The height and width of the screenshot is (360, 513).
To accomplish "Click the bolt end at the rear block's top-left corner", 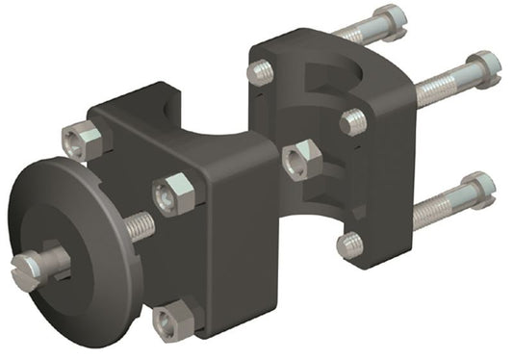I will click(x=260, y=71).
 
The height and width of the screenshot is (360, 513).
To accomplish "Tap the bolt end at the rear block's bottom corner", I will click(x=350, y=244).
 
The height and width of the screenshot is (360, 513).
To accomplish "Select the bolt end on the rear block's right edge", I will click(x=354, y=121).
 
